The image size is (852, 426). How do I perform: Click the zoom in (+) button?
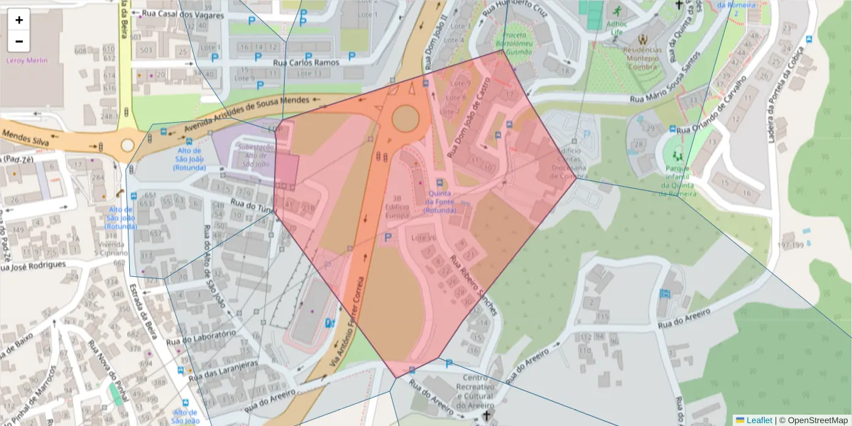pos(19,20)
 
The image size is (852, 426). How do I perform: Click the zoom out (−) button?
pos(19,41)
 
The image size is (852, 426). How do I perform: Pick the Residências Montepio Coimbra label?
pos(643,54)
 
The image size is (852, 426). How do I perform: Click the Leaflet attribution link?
pos(759,420)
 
